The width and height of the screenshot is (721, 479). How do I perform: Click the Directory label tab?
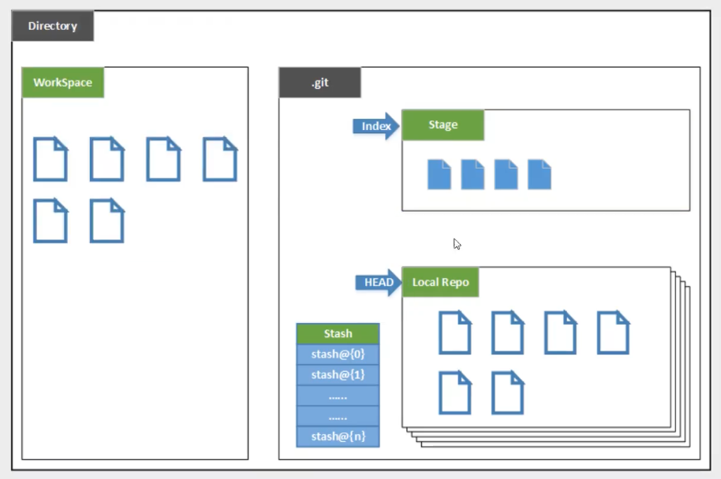[52, 26]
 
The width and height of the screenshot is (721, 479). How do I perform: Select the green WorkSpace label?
[63, 83]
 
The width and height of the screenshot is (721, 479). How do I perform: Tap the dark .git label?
[319, 83]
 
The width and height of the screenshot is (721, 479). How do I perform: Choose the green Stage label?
[443, 125]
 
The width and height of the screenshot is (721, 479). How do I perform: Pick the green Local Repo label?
[440, 282]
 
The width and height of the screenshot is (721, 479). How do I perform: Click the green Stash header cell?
[338, 333]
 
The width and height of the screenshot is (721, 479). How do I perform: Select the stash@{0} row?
[338, 354]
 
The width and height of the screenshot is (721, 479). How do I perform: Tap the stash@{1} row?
[338, 374]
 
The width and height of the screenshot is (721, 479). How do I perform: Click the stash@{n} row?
[338, 436]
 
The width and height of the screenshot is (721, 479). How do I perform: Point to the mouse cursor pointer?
[457, 243]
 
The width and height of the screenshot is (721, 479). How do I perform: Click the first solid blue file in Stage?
[439, 174]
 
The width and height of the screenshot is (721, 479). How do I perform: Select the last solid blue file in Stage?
[540, 174]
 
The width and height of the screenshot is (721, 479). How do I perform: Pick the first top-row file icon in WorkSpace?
[50, 159]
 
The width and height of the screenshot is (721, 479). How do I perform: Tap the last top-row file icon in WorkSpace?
[220, 159]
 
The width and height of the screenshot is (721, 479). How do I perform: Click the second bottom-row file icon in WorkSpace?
[107, 221]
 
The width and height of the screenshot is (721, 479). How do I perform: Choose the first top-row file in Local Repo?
[455, 332]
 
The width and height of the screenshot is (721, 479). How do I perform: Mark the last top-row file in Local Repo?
[613, 332]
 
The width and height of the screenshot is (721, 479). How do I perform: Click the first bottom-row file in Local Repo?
[455, 392]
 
